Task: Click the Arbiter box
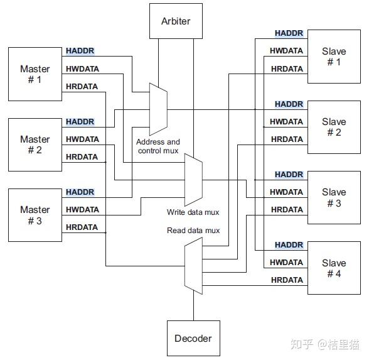[x=175, y=21]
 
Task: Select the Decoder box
[x=193, y=338]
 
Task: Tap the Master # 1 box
[x=35, y=74]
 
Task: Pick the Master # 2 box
[x=35, y=145]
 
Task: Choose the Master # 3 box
[x=35, y=215]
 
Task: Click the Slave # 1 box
[x=333, y=57]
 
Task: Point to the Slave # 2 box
[x=333, y=127]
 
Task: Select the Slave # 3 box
[x=333, y=197]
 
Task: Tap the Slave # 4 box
[x=333, y=268]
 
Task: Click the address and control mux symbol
[x=158, y=108]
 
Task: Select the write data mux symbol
[x=193, y=180]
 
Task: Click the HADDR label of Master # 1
[x=80, y=51]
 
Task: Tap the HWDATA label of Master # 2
[x=82, y=139]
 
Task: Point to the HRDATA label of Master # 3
[x=82, y=227]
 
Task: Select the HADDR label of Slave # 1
[x=289, y=33]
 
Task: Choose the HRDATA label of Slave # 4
[x=287, y=280]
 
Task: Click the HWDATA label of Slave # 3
[x=287, y=192]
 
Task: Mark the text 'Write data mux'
[x=193, y=212]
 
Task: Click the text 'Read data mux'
[x=193, y=231]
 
